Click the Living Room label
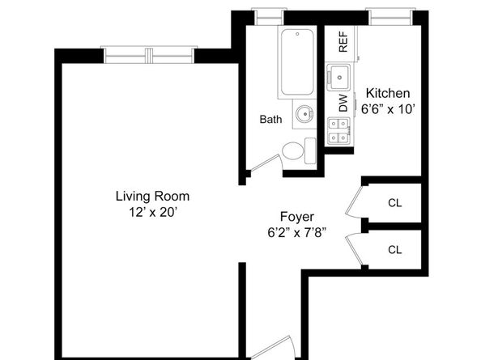click(x=152, y=196)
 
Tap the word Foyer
click(x=296, y=217)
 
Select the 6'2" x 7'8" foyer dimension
click(x=296, y=233)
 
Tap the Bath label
click(x=270, y=120)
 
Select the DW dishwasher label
click(x=343, y=104)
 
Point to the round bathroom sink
click(x=304, y=114)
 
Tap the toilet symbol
click(x=297, y=150)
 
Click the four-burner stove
click(x=337, y=131)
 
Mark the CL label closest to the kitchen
click(x=394, y=202)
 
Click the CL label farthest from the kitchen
click(x=394, y=249)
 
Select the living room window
click(x=149, y=54)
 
